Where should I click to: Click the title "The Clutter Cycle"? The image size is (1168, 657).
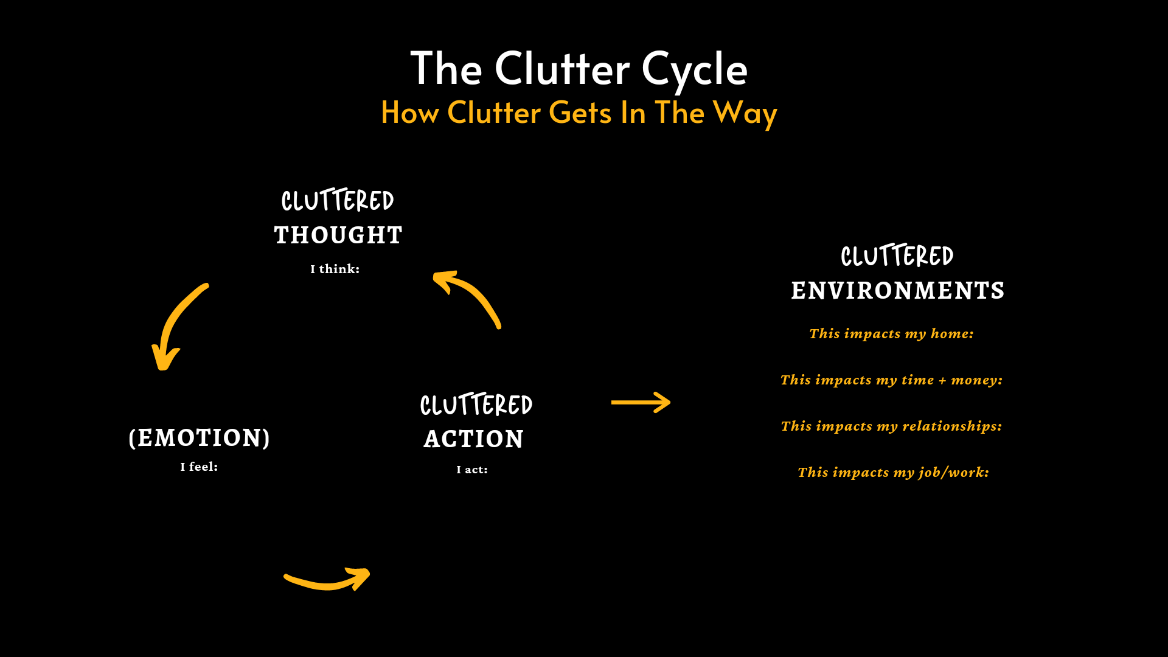[x=579, y=68]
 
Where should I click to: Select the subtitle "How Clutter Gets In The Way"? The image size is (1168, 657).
[x=579, y=113]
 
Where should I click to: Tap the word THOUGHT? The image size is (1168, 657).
[x=338, y=235]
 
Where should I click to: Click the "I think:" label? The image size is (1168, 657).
[x=335, y=269]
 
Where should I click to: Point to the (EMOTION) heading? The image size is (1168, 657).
[x=200, y=438]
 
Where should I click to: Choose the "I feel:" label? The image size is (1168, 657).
[x=199, y=467]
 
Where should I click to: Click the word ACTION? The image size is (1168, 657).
[x=474, y=439]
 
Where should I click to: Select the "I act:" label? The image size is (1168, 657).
[x=472, y=470]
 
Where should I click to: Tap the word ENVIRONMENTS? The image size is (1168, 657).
[x=898, y=291]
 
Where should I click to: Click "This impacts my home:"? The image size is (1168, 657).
[x=891, y=333]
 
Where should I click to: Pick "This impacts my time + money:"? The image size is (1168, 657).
[x=891, y=380]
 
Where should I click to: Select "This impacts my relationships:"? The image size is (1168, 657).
[x=891, y=426]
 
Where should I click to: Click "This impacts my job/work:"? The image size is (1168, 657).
[x=893, y=472]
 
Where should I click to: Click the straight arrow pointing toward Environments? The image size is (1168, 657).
[x=641, y=402]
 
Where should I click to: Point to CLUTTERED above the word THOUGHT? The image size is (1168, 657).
[x=338, y=201]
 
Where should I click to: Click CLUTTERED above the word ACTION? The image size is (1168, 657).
[x=476, y=405]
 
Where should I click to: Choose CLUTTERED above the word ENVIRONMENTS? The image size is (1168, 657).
[x=897, y=256]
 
